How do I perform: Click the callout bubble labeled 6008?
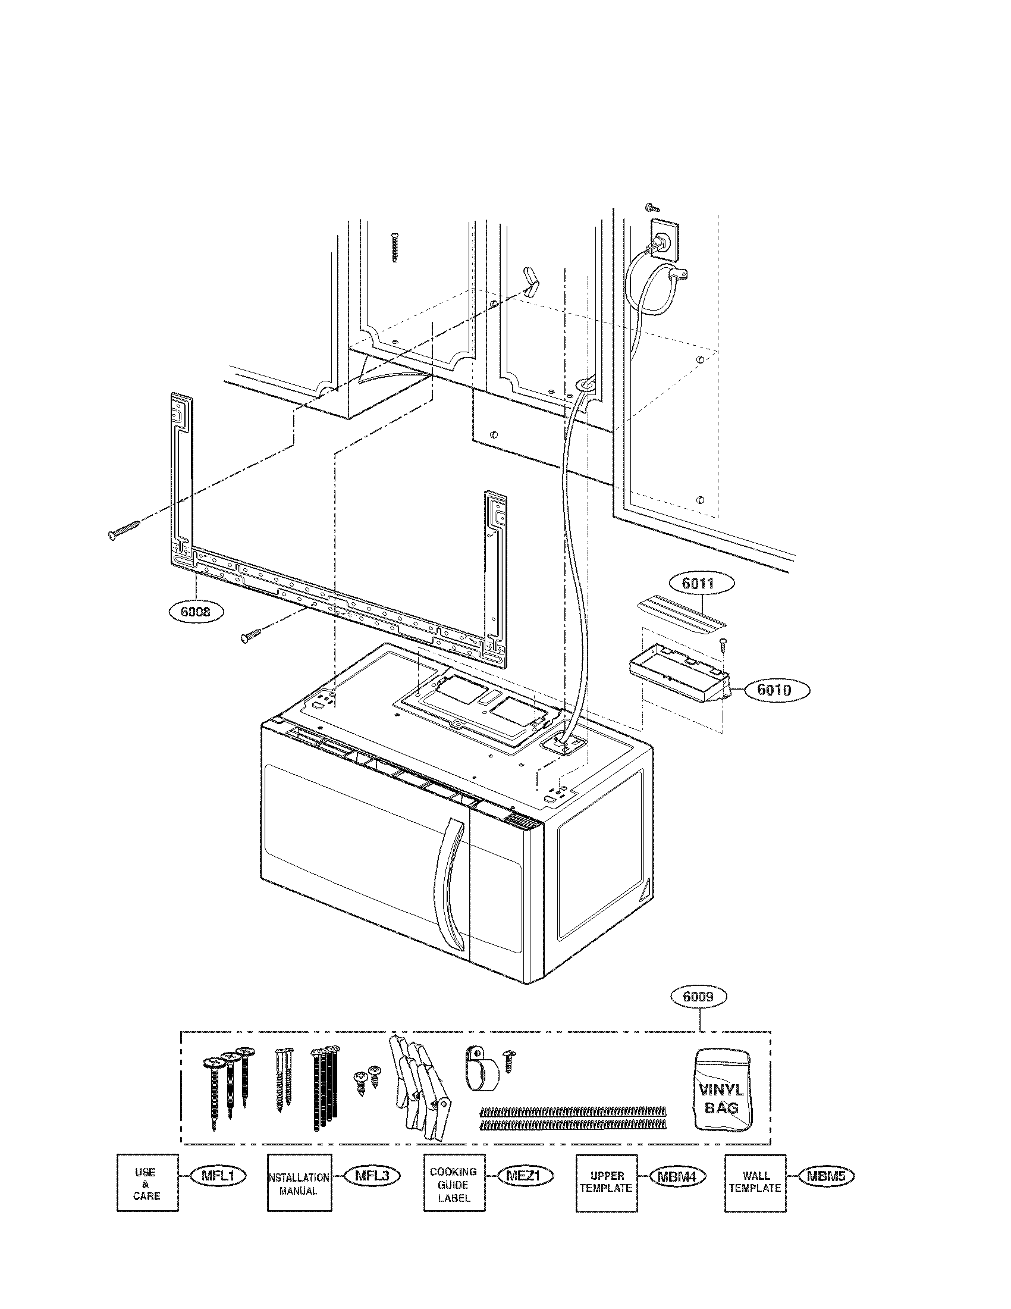point(196,612)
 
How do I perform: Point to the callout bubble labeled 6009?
point(698,997)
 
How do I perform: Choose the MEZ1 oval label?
point(523,1176)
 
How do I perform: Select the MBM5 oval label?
point(825,1176)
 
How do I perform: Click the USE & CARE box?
point(147,1182)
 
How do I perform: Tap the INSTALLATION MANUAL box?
point(298,1182)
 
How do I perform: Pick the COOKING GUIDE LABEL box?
point(454,1182)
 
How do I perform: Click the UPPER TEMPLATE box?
point(606,1182)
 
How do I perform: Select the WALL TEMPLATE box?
point(755,1182)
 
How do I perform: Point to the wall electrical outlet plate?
point(665,240)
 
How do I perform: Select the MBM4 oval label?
point(676,1176)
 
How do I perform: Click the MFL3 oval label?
point(372,1176)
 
